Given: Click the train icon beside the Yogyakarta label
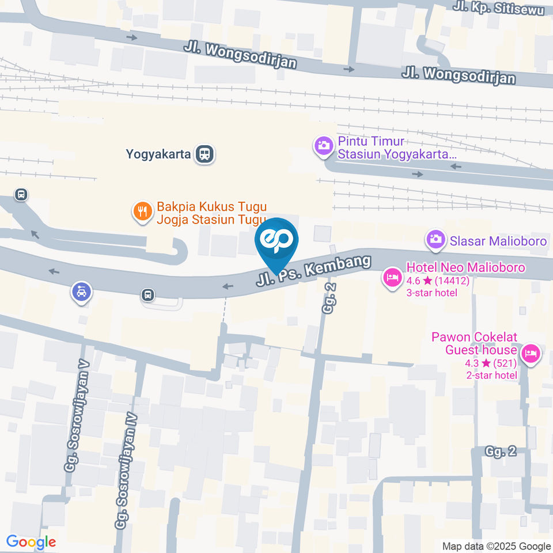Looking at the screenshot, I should tap(204, 154).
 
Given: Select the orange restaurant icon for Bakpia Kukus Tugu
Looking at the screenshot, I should tap(142, 212).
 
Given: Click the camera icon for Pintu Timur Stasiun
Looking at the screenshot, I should tap(323, 145).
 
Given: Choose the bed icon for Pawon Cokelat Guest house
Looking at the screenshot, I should tap(531, 353).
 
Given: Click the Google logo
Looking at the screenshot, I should tap(31, 542).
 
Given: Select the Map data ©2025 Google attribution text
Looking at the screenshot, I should tap(497, 546).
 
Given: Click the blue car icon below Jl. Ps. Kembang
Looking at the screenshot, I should tap(81, 292).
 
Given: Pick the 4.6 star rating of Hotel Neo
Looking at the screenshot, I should tap(438, 281).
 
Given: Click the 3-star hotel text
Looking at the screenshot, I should tap(432, 293).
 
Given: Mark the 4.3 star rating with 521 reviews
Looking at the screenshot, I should tap(491, 363).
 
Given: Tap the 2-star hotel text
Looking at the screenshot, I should tap(491, 376).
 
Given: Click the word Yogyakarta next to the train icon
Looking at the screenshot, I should tap(158, 154).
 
